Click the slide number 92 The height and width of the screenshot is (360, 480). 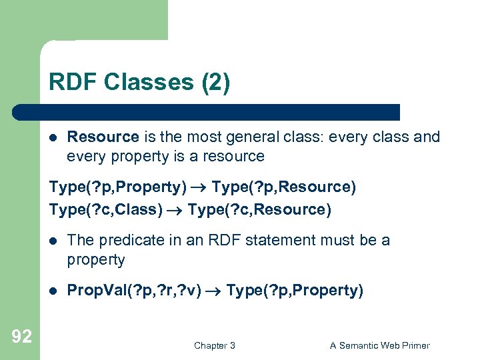click(21, 337)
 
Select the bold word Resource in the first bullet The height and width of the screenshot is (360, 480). click(103, 137)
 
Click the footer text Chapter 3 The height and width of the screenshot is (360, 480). click(214, 345)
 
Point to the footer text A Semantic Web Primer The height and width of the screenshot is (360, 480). click(380, 345)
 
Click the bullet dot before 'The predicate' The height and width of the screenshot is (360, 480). click(53, 241)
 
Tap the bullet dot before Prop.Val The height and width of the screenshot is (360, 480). click(53, 291)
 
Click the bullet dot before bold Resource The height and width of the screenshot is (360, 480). click(53, 138)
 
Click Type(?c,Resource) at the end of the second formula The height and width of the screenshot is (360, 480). click(259, 209)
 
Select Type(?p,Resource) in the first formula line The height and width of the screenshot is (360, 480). click(284, 187)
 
